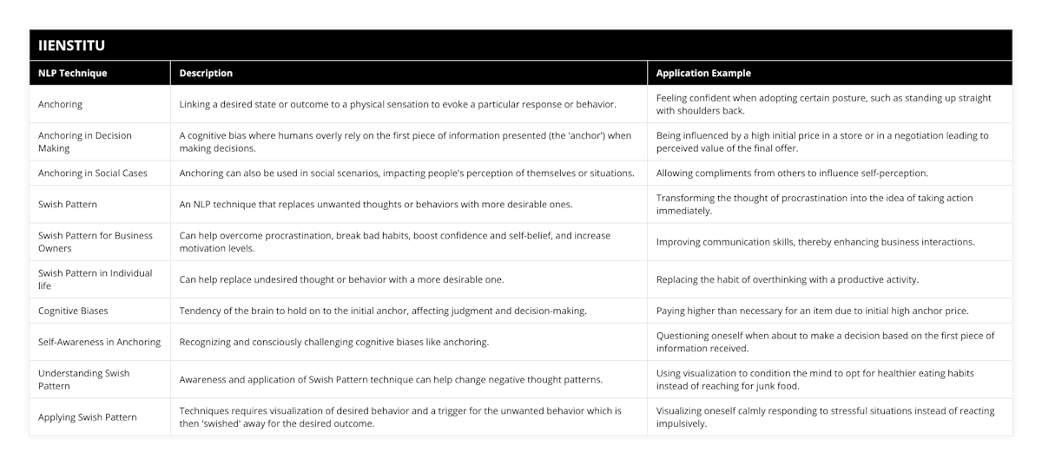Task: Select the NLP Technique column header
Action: point(73,74)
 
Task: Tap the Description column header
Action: point(206,74)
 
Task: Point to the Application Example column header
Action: point(703,74)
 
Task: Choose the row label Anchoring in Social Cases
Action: point(93,173)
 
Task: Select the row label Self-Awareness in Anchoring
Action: point(100,342)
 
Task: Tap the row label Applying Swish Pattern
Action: point(88,417)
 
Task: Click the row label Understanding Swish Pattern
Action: point(84,379)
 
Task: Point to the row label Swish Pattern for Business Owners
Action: point(96,241)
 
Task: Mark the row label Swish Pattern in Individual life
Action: point(96,278)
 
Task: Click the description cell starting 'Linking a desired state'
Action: point(398,104)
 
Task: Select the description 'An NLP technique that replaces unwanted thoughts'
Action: point(375,204)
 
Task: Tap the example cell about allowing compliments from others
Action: point(792,173)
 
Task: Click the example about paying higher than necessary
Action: point(812,310)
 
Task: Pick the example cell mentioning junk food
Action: point(825,379)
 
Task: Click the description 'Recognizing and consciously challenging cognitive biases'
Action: point(333,342)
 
